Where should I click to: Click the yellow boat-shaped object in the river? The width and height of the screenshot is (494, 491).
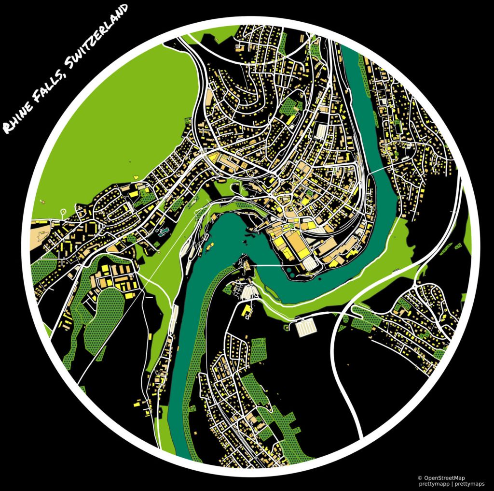(x=211, y=245)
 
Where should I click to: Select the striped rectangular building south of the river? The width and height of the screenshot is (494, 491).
(x=305, y=328)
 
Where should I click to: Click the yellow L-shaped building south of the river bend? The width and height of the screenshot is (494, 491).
(x=247, y=310)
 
